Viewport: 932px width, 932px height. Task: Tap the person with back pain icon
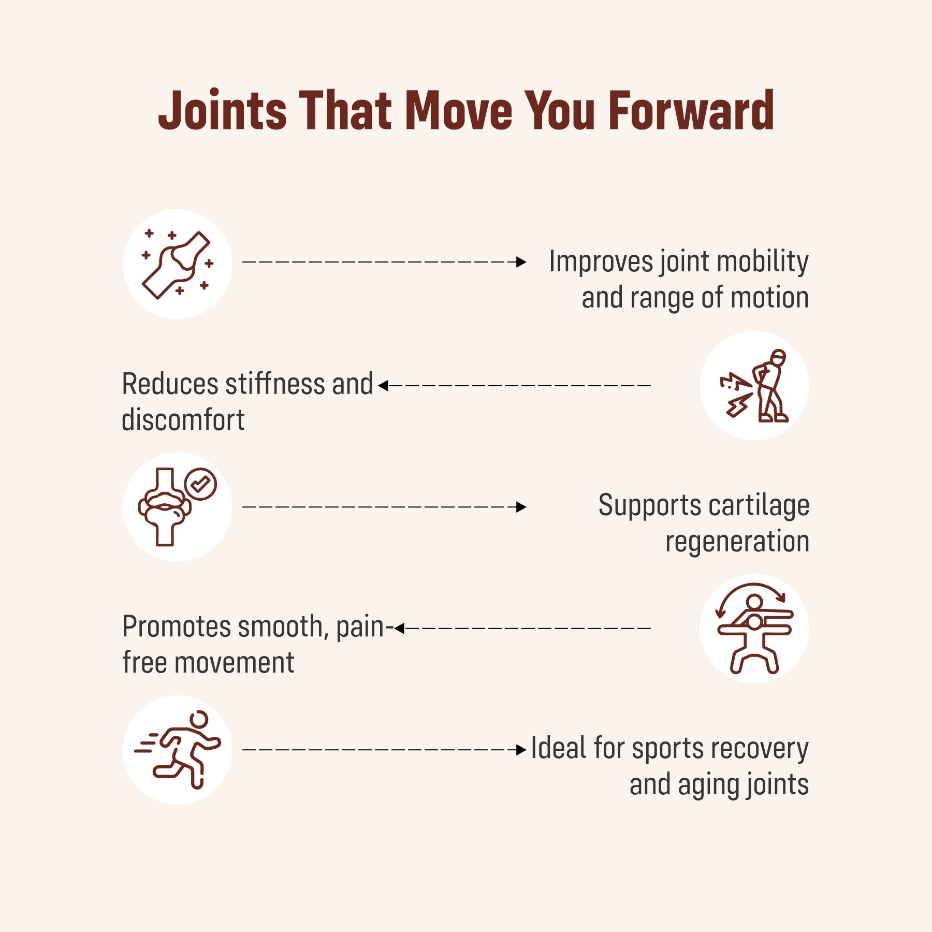755,386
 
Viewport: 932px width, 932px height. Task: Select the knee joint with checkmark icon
178,507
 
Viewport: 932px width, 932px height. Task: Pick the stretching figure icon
755,629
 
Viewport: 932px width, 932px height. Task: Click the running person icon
178,750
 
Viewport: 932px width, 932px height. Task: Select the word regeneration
737,542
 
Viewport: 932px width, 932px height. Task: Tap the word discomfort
183,419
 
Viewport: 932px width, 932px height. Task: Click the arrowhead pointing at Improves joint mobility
521,262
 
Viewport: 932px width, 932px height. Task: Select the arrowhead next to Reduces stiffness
383,386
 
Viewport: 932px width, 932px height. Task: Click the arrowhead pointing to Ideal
521,750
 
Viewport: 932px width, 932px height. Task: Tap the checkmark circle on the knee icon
200,484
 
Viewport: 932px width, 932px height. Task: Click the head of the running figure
199,719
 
